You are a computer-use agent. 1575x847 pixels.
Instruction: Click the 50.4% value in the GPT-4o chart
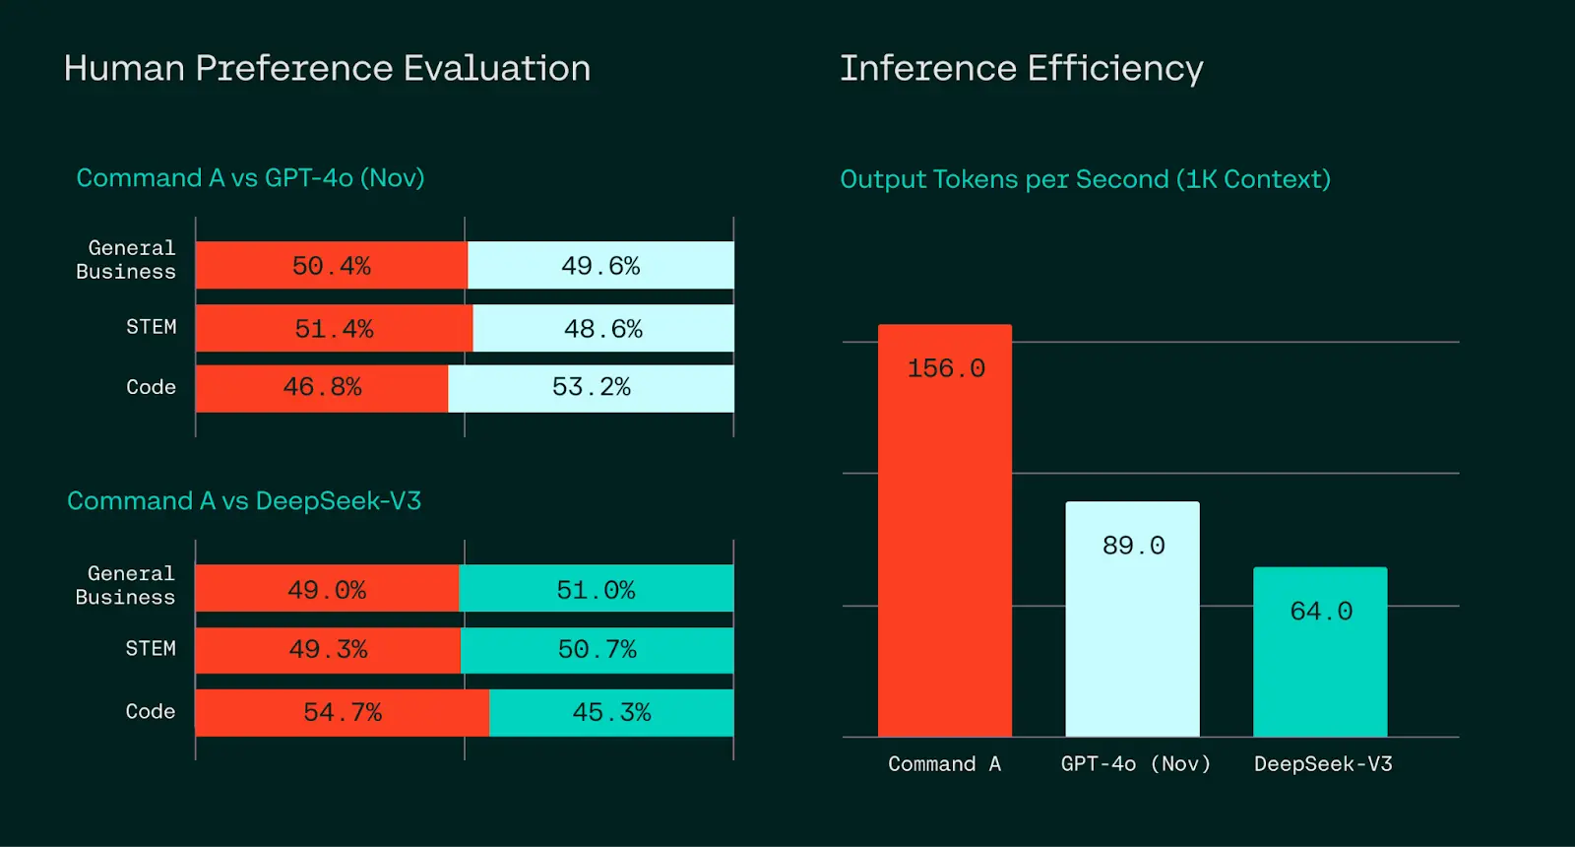332,266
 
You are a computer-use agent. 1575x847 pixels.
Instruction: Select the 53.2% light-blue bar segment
591,388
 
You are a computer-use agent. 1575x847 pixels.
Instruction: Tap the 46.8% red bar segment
322,388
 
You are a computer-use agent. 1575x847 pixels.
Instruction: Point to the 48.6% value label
602,329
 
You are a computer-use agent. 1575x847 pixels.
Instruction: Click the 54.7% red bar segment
342,712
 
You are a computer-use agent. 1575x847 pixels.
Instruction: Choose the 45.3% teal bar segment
611,712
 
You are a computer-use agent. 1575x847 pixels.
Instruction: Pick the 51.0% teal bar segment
596,589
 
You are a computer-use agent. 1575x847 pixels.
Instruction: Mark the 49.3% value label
328,650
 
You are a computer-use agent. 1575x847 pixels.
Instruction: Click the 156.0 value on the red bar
946,368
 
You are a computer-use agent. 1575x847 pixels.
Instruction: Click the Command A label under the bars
944,764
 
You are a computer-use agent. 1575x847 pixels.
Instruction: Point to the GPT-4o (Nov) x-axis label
1135,764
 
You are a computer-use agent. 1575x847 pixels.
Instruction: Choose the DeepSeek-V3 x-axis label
1323,764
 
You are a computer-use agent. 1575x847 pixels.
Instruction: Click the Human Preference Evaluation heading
327,69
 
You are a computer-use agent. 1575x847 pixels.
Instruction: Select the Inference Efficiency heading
1021,69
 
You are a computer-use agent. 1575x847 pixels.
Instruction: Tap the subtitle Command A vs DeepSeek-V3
244,501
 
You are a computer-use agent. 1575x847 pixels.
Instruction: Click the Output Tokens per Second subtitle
1085,179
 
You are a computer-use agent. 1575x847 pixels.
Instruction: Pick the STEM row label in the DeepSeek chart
151,649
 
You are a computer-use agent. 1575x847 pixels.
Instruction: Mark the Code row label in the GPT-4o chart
151,387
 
